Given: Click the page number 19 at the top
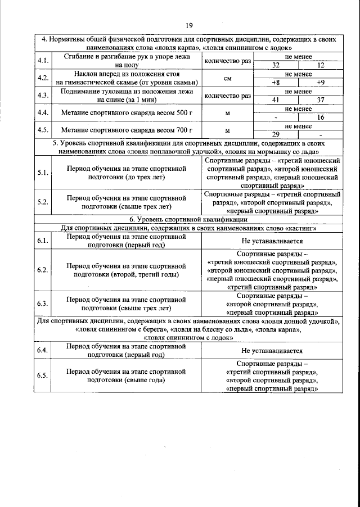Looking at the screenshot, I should tap(189, 24).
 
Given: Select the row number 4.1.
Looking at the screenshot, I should tap(42, 61).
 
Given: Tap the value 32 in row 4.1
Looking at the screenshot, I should tap(276, 65).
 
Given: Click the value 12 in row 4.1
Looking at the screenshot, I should tap(321, 65).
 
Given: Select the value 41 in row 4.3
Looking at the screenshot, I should tap(276, 100).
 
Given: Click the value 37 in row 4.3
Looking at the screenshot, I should tap(321, 100).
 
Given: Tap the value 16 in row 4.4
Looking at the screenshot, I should tap(321, 117).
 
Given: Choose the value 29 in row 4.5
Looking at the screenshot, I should tap(276, 134).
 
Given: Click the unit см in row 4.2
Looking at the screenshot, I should tap(227, 78).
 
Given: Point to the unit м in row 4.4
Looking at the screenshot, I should tap(227, 113).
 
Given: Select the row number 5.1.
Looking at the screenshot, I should tap(42, 172).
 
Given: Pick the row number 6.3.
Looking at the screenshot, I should tap(42, 304).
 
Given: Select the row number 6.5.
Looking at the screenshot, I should tap(42, 375).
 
